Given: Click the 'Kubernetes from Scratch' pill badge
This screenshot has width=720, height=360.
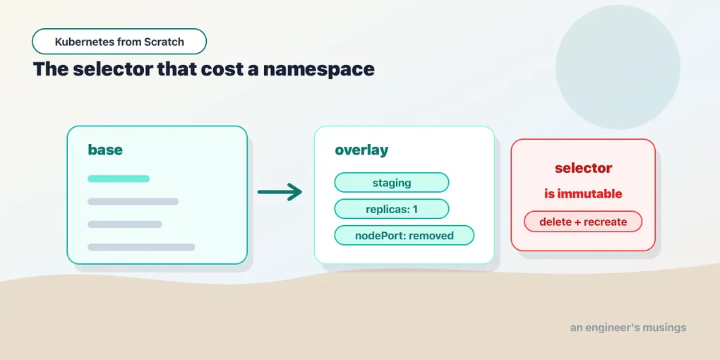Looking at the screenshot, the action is pyautogui.click(x=119, y=42).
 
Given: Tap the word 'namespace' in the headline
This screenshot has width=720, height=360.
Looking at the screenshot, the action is pyautogui.click(x=318, y=69).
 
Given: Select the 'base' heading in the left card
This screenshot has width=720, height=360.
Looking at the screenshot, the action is pyautogui.click(x=105, y=150).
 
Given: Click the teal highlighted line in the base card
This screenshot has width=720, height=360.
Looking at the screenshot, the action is pyautogui.click(x=119, y=179).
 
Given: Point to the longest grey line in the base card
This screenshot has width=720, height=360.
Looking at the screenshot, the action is pyautogui.click(x=141, y=247).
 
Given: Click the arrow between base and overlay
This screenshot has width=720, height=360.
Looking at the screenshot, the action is pyautogui.click(x=280, y=191).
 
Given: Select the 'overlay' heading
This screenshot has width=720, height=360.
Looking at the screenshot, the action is pyautogui.click(x=361, y=150).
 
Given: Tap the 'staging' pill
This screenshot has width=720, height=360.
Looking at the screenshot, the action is pyautogui.click(x=392, y=182).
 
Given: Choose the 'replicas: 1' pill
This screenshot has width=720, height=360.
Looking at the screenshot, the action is pyautogui.click(x=392, y=209).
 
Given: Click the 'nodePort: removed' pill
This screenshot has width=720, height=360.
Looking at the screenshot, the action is pyautogui.click(x=404, y=236).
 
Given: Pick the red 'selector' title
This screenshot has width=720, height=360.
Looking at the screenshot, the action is pyautogui.click(x=583, y=168).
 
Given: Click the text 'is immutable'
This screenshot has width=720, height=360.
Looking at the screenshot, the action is pyautogui.click(x=583, y=194).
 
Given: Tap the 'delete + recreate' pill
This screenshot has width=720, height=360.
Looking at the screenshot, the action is pyautogui.click(x=583, y=222).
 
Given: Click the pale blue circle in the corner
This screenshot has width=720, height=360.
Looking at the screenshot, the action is pyautogui.click(x=618, y=67).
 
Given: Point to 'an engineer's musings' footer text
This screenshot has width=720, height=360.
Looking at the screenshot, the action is pyautogui.click(x=628, y=328).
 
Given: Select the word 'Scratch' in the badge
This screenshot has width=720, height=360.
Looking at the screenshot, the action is pyautogui.click(x=164, y=42).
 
